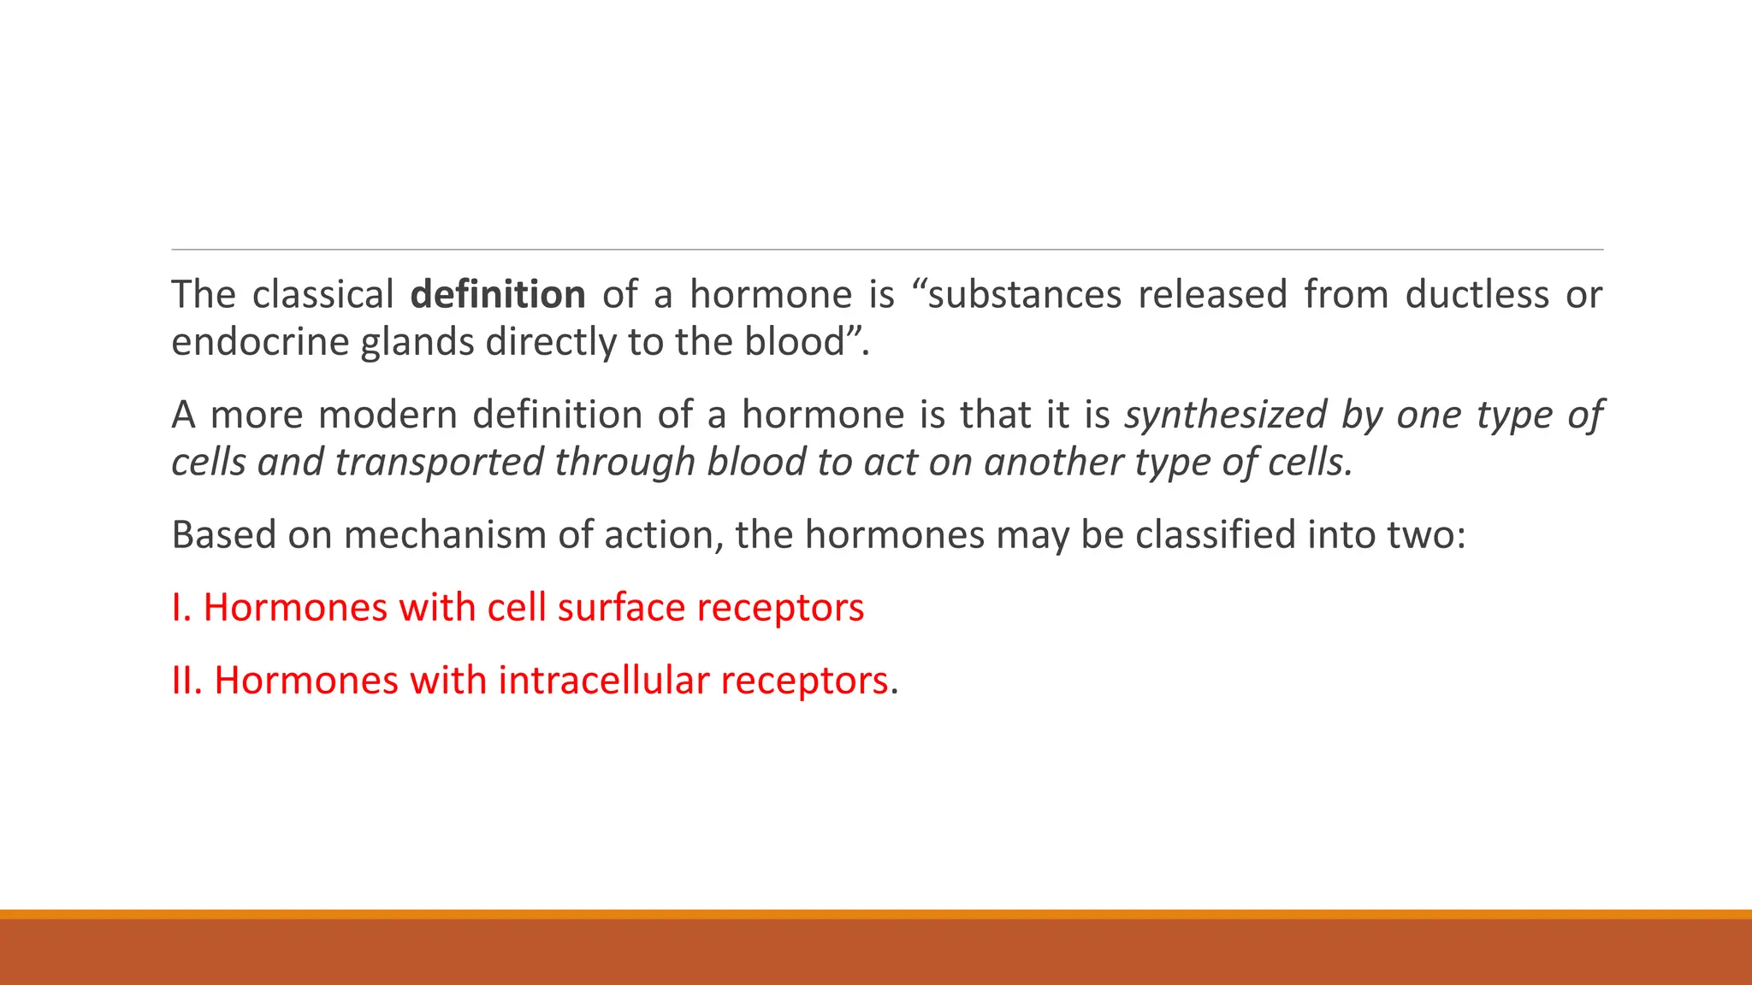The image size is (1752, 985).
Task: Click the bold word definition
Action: (497, 295)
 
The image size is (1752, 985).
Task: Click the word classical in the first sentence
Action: (323, 295)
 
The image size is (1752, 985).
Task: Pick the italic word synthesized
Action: (1222, 416)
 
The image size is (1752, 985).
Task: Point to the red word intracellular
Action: (603, 681)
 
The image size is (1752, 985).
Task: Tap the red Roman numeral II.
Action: (185, 681)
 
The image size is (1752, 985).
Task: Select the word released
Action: (1211, 295)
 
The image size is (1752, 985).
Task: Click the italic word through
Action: (624, 463)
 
